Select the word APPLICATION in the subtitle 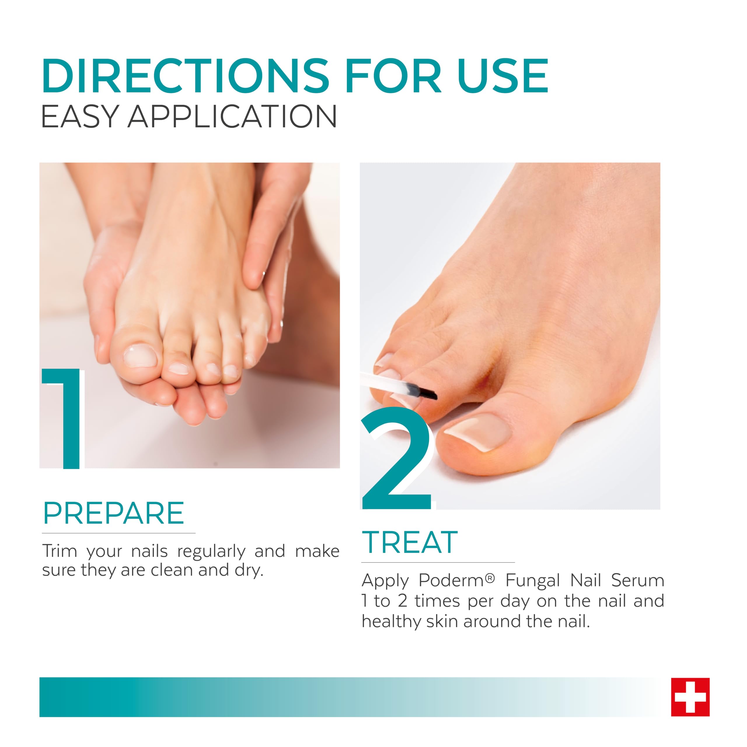[x=232, y=116]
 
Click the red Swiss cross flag [x=690, y=697]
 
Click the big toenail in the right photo [x=478, y=432]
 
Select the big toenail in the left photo [x=140, y=355]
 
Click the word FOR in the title [x=393, y=76]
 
